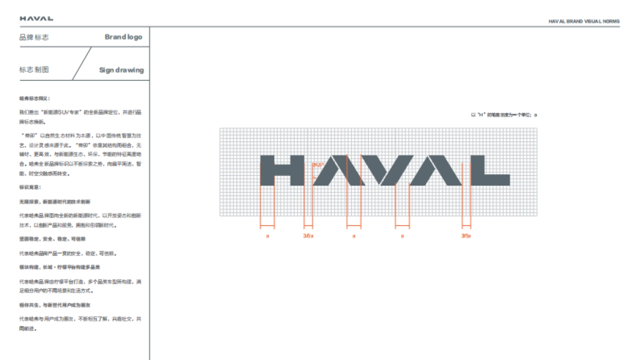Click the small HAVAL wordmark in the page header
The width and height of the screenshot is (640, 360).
tap(36, 19)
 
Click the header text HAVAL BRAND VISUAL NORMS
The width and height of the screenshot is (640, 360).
tap(584, 22)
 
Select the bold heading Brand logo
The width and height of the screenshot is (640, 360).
tap(123, 37)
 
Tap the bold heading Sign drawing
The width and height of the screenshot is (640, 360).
tap(121, 70)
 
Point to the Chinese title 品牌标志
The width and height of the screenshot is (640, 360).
tap(34, 37)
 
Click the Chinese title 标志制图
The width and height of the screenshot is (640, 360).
tap(34, 70)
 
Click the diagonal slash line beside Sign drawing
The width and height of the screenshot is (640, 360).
tap(82, 64)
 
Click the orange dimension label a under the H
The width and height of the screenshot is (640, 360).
tap(267, 235)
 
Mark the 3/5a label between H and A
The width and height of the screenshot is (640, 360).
tap(308, 235)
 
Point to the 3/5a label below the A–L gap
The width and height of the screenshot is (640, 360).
tap(466, 235)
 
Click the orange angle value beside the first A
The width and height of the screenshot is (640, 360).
tap(318, 164)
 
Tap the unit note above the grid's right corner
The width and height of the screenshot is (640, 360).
tap(504, 115)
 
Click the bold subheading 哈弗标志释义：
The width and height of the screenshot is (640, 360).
tap(34, 99)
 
